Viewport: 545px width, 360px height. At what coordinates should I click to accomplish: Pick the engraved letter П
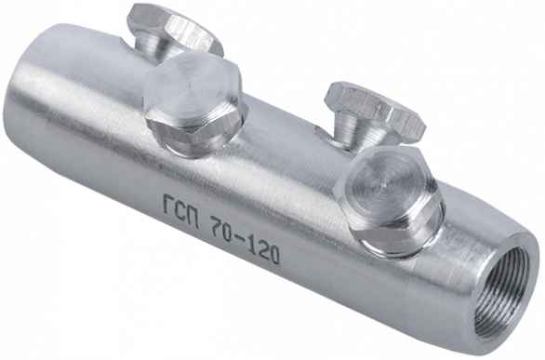[193, 218]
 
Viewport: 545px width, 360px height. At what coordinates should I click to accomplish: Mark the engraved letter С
[179, 211]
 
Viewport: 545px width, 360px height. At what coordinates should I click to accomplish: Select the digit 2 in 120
[264, 251]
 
